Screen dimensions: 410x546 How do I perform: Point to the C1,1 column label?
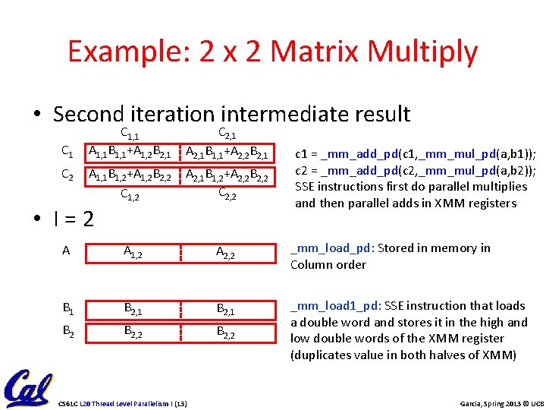pos(133,134)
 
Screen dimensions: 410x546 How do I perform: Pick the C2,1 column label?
pos(231,134)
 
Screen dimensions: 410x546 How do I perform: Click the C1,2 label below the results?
pos(133,194)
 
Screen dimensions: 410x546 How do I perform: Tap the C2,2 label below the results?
pos(231,194)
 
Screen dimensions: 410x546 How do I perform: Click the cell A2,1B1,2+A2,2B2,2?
pos(227,176)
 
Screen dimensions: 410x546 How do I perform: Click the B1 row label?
pos(67,308)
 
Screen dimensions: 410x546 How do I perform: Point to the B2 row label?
pos(67,332)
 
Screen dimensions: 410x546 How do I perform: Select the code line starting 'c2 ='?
pos(415,169)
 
